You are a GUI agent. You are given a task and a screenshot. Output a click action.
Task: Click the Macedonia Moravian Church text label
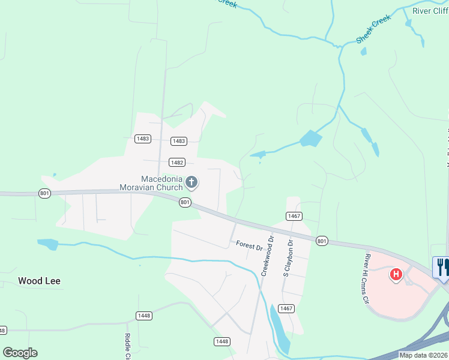point(161,183)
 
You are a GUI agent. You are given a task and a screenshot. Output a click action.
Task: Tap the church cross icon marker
point(191,181)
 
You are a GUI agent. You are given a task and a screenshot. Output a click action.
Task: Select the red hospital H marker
point(396,275)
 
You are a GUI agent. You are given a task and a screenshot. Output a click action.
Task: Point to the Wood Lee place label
point(39,281)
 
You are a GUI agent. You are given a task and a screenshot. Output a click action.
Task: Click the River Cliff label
point(430,11)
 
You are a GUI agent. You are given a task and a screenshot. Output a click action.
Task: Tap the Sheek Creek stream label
point(373,29)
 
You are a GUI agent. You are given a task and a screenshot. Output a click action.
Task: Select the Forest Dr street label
point(250,246)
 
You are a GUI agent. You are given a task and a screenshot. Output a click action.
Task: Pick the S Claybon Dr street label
point(288,258)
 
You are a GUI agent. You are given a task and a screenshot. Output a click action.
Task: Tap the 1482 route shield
point(176,162)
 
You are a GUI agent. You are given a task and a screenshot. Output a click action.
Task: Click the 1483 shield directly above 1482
point(178,141)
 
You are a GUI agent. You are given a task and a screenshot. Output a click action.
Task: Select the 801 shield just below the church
point(185,203)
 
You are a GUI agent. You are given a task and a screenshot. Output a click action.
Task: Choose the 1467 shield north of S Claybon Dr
point(294,216)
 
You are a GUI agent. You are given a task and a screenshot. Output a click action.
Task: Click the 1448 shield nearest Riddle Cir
point(144,316)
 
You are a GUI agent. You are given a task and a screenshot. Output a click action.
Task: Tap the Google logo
point(20,353)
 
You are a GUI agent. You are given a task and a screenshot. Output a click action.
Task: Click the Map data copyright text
point(423,355)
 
